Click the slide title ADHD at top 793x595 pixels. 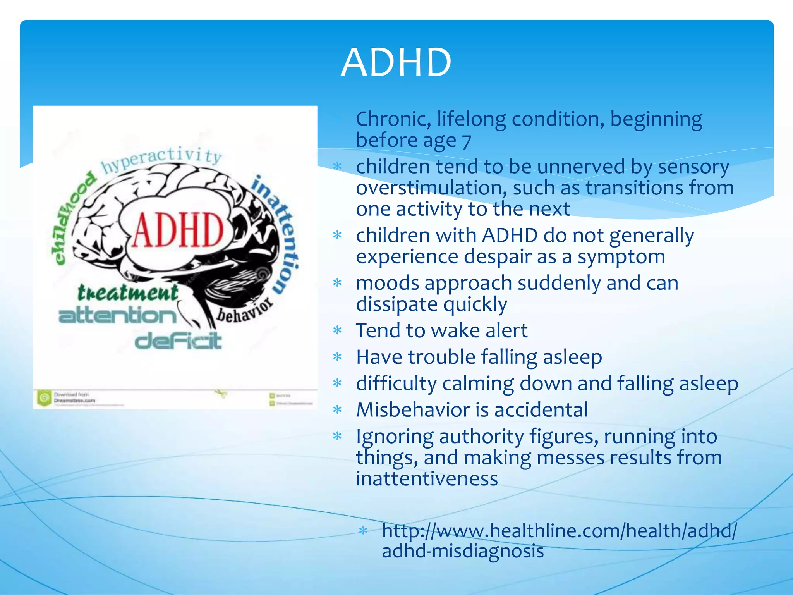pyautogui.click(x=396, y=63)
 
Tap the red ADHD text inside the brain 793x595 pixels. pyautogui.click(x=178, y=230)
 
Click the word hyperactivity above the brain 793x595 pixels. pyautogui.click(x=161, y=159)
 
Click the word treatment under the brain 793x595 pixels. pyautogui.click(x=128, y=292)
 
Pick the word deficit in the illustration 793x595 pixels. pyautogui.click(x=178, y=341)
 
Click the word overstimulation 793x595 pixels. pyautogui.click(x=431, y=188)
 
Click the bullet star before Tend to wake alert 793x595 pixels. pyautogui.click(x=338, y=331)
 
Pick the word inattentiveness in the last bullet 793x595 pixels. pyautogui.click(x=427, y=479)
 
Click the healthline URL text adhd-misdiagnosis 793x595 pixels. pyautogui.click(x=463, y=551)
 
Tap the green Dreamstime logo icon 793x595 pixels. pyautogui.click(x=44, y=398)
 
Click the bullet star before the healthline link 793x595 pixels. pyautogui.click(x=363, y=531)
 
